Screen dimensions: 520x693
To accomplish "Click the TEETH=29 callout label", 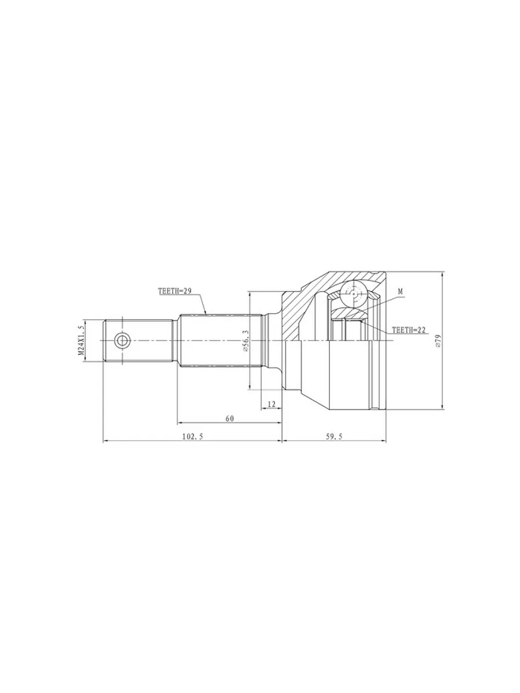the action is click(175, 292).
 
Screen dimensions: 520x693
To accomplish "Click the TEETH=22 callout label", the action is click(408, 330).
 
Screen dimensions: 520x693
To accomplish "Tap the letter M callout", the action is click(400, 292).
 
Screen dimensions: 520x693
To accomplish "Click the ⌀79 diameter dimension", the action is click(438, 341).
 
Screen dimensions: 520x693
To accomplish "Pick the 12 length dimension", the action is click(272, 404).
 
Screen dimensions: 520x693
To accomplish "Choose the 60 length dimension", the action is click(230, 419).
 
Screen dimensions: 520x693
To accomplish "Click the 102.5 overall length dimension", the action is click(192, 437).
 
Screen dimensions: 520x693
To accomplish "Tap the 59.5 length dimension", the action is click(334, 437).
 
